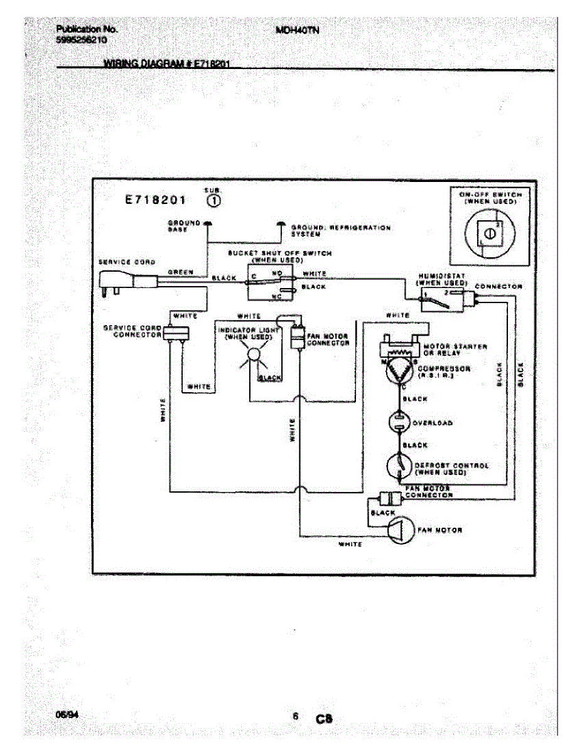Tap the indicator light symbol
click(x=253, y=355)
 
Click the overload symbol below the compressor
click(x=399, y=422)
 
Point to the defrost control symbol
click(x=399, y=466)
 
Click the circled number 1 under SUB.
click(x=213, y=201)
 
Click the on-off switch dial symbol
click(x=490, y=234)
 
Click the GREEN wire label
click(x=181, y=272)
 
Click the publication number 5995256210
click(x=82, y=39)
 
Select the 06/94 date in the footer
click(x=65, y=715)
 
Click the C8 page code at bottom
click(x=323, y=718)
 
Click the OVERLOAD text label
click(x=432, y=423)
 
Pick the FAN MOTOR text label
click(x=439, y=530)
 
